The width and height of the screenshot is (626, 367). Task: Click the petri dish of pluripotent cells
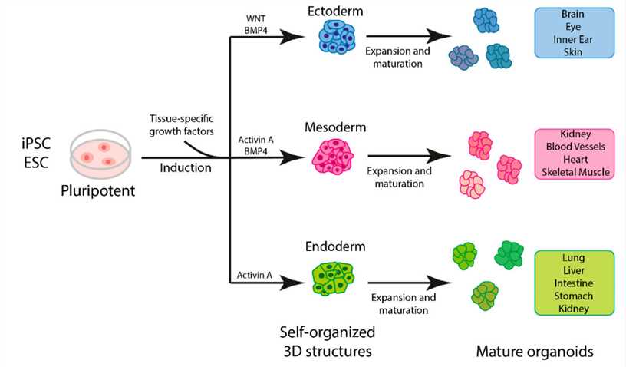click(x=98, y=152)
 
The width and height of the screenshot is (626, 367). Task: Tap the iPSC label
click(x=35, y=142)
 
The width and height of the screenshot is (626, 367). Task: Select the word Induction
click(x=186, y=167)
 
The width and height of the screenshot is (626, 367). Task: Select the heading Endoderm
click(x=335, y=247)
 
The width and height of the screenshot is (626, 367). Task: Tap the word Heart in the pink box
click(x=579, y=160)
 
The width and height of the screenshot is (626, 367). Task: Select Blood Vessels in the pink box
click(x=579, y=147)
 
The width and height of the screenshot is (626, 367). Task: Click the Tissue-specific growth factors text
click(x=182, y=124)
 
